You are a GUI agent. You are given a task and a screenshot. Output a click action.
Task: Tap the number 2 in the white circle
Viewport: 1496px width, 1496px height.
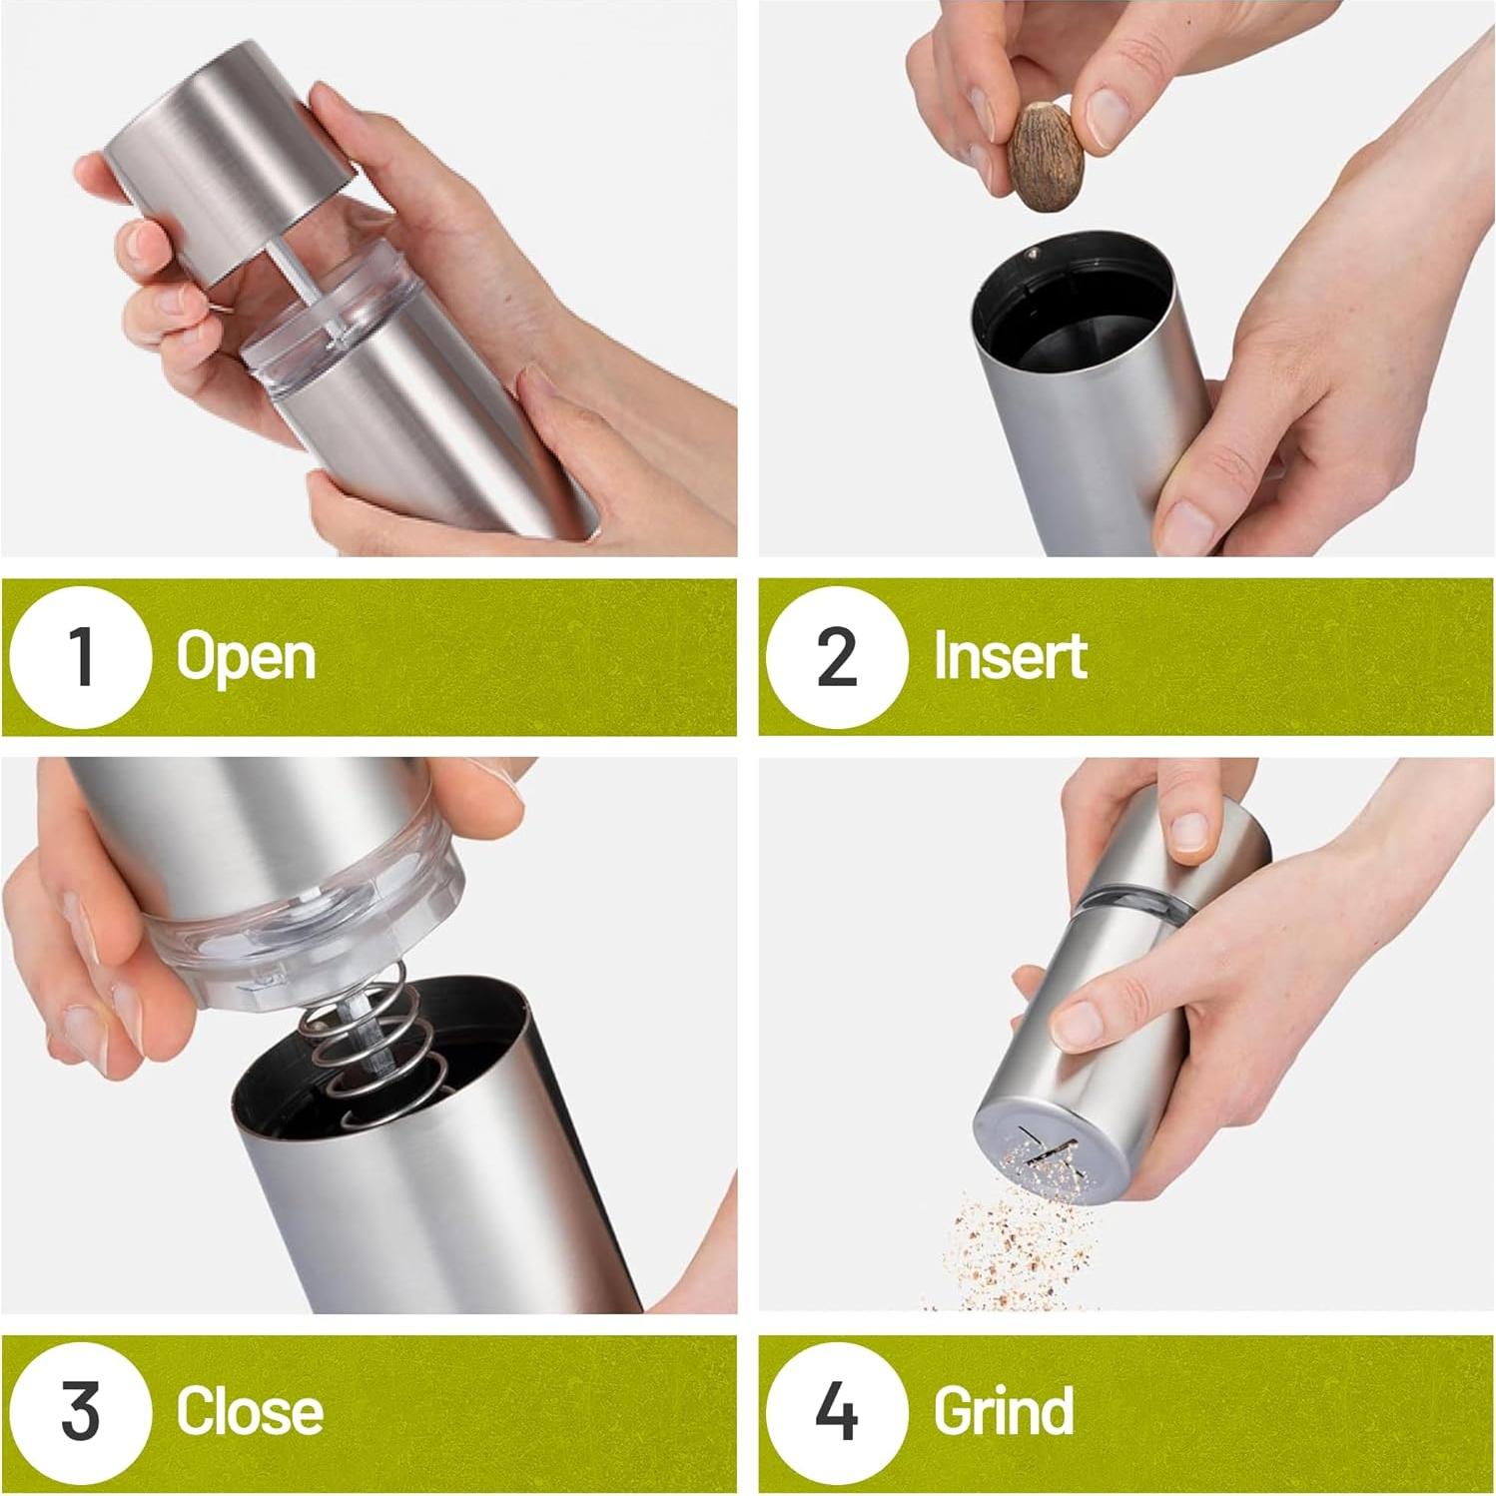point(837,657)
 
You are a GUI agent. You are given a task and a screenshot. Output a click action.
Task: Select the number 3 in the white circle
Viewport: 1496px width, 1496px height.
point(81,1411)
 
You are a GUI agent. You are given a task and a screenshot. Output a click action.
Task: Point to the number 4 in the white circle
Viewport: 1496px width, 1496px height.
point(837,1411)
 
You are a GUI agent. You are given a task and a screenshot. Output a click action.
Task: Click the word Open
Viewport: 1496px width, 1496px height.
point(246,659)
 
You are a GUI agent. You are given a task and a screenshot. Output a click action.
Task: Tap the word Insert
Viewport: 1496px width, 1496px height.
point(1010,656)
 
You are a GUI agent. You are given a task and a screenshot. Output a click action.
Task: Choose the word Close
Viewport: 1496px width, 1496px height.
point(250,1411)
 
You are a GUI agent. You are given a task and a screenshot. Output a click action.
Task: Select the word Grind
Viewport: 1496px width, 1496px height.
point(1004,1411)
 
